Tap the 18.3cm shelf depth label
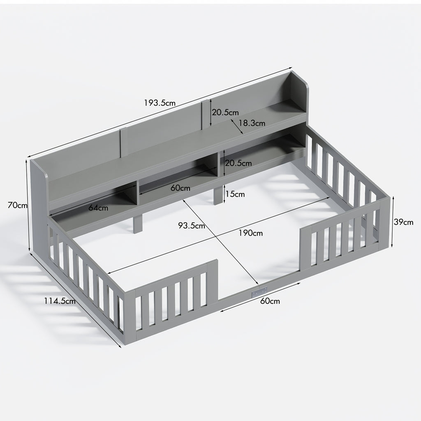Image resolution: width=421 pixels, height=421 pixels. (x=252, y=123)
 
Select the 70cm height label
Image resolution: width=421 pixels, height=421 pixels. (x=17, y=205)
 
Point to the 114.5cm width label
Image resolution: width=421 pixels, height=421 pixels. (x=60, y=301)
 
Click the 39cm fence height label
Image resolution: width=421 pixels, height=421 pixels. (x=403, y=222)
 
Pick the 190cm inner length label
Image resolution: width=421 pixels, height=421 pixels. (x=250, y=233)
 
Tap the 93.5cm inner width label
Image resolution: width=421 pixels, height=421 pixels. (x=191, y=226)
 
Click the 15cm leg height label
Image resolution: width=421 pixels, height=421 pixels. (x=235, y=194)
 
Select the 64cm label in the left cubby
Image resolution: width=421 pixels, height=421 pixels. (x=98, y=208)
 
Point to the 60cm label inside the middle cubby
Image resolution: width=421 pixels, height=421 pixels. (x=180, y=188)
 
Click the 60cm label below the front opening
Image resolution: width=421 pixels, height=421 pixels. (x=270, y=301)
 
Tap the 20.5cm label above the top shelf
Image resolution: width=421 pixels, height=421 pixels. (x=225, y=112)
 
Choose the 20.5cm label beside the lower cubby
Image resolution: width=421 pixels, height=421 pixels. (x=238, y=163)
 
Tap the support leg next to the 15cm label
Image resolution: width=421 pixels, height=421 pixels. (x=217, y=196)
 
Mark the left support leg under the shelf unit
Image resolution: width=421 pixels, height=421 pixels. (x=137, y=223)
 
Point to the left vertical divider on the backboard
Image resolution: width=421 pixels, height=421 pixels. (x=122, y=143)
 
